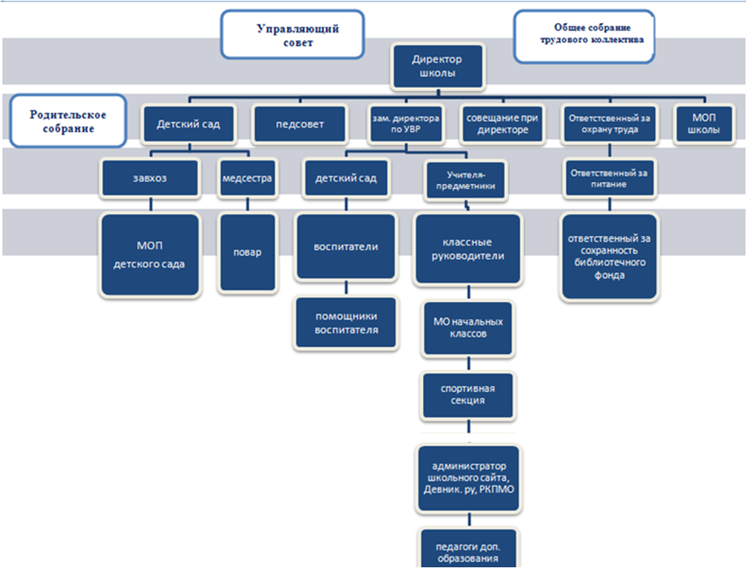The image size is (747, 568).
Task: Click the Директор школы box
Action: pyautogui.click(x=439, y=66)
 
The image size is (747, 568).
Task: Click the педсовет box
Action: pyautogui.click(x=300, y=124)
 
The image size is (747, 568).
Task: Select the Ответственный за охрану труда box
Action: pyautogui.click(x=609, y=124)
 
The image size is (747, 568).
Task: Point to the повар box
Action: pyautogui.click(x=248, y=251)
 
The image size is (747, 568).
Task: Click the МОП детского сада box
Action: pyautogui.click(x=150, y=255)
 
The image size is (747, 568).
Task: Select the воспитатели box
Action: pyautogui.click(x=346, y=246)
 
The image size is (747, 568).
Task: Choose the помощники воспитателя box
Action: pyautogui.click(x=346, y=322)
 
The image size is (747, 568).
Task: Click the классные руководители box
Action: pyautogui.click(x=473, y=249)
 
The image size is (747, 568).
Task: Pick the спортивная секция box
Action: pyautogui.click(x=467, y=394)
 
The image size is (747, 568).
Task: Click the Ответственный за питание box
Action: pyautogui.click(x=609, y=178)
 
